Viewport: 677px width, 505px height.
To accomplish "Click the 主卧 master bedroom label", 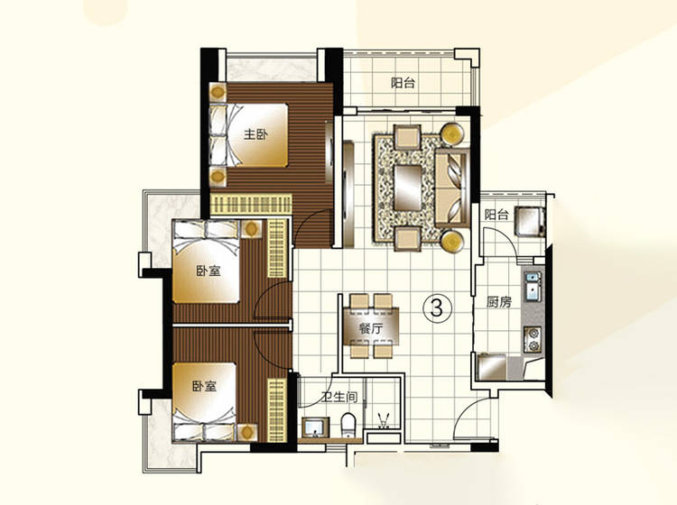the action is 255,134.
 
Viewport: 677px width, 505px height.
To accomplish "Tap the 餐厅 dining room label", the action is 371,328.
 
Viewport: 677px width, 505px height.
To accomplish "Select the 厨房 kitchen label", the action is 498,302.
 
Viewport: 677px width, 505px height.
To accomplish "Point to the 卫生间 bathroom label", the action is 339,396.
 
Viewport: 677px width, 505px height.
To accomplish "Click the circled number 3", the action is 437,308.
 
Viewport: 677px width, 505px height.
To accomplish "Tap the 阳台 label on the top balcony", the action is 403,82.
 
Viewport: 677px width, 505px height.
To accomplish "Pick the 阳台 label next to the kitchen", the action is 496,215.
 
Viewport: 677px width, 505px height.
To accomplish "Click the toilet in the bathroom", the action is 348,425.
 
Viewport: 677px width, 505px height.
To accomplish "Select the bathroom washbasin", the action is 316,427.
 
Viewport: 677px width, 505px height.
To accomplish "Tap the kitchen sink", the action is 533,286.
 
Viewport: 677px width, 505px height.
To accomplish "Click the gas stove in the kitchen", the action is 533,339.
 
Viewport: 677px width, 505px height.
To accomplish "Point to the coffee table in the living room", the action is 408,188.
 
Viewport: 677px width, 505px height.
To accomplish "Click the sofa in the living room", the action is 452,188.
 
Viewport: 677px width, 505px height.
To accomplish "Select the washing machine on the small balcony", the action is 530,221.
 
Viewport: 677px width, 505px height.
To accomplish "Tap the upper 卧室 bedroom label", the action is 209,271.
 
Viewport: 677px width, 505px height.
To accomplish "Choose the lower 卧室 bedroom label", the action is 204,386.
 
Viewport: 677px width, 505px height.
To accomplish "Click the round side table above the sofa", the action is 452,133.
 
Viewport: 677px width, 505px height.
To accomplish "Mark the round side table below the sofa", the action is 452,241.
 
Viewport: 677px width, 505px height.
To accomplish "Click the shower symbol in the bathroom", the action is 383,420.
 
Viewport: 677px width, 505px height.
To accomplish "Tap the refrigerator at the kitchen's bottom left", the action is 491,366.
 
